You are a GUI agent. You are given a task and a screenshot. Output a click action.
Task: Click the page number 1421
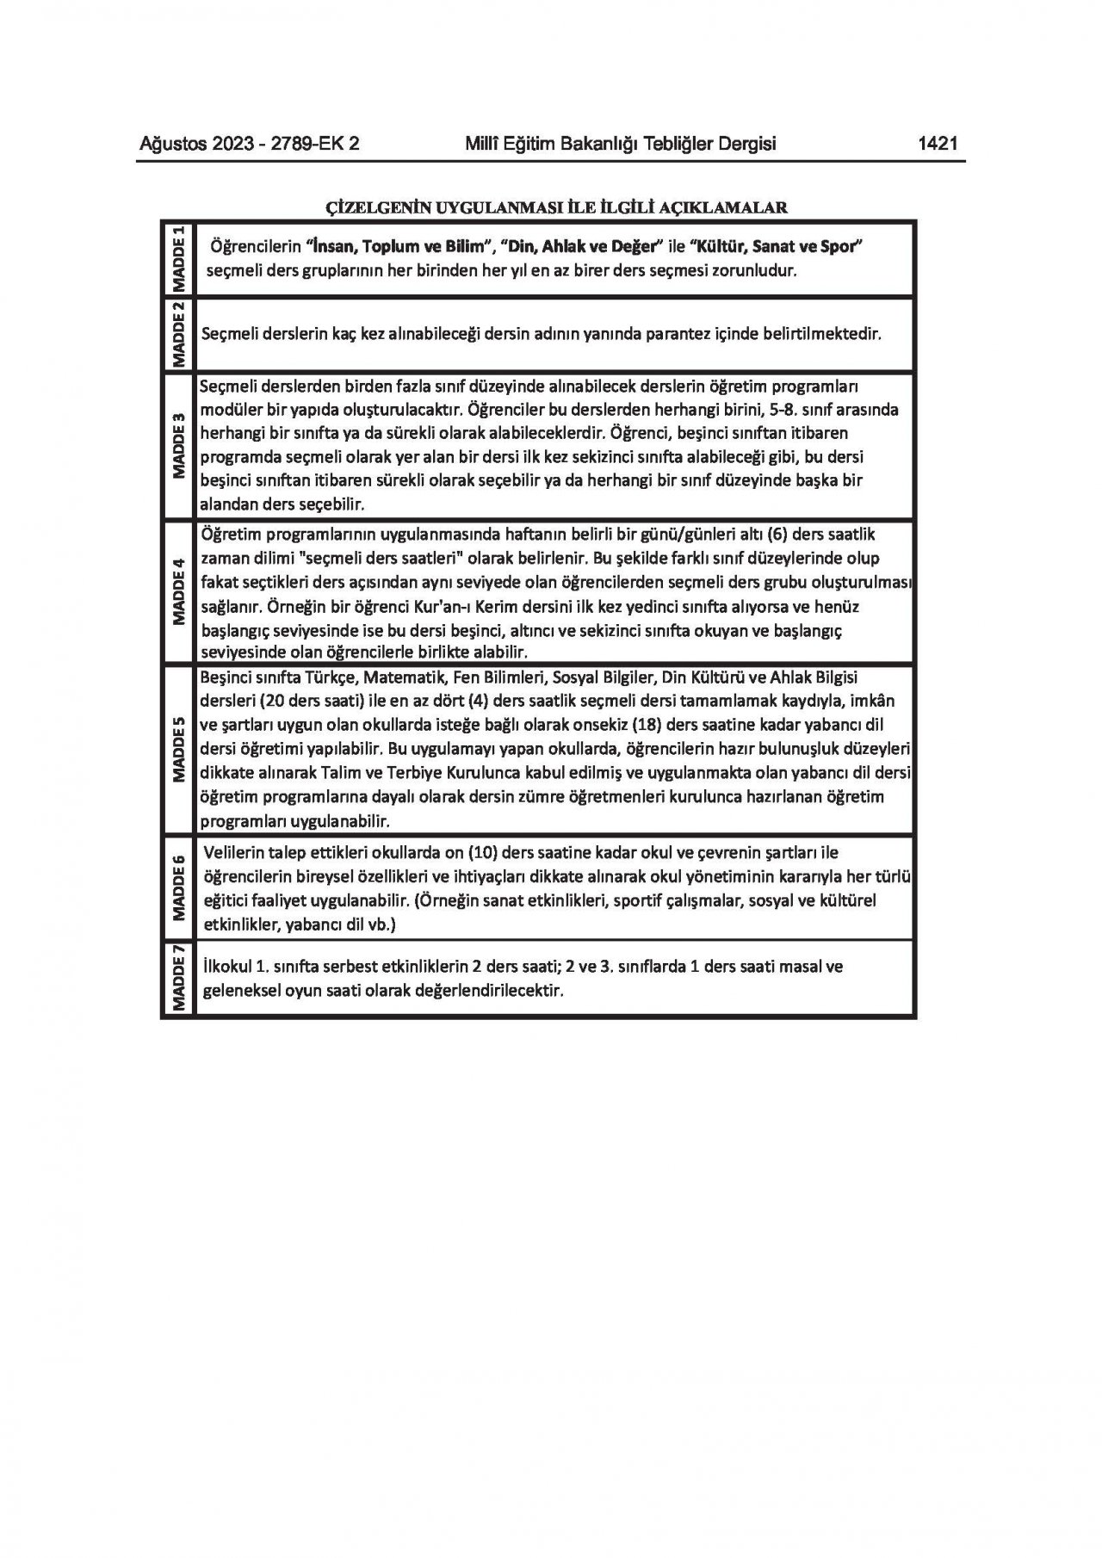[938, 144]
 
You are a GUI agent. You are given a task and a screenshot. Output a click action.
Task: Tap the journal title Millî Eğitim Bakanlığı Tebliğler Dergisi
[620, 144]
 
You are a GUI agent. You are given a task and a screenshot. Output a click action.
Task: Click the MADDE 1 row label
[179, 259]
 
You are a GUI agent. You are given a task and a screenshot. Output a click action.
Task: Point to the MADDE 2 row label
[179, 335]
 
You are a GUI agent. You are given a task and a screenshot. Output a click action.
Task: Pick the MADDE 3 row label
[179, 445]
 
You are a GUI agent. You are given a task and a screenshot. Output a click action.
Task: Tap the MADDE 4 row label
[179, 590]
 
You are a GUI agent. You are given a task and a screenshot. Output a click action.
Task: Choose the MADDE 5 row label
[179, 749]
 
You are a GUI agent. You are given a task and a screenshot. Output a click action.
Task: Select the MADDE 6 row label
[179, 887]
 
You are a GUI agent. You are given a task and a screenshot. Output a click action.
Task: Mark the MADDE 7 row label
[179, 978]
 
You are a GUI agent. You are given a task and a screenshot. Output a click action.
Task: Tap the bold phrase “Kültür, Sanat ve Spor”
[777, 247]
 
